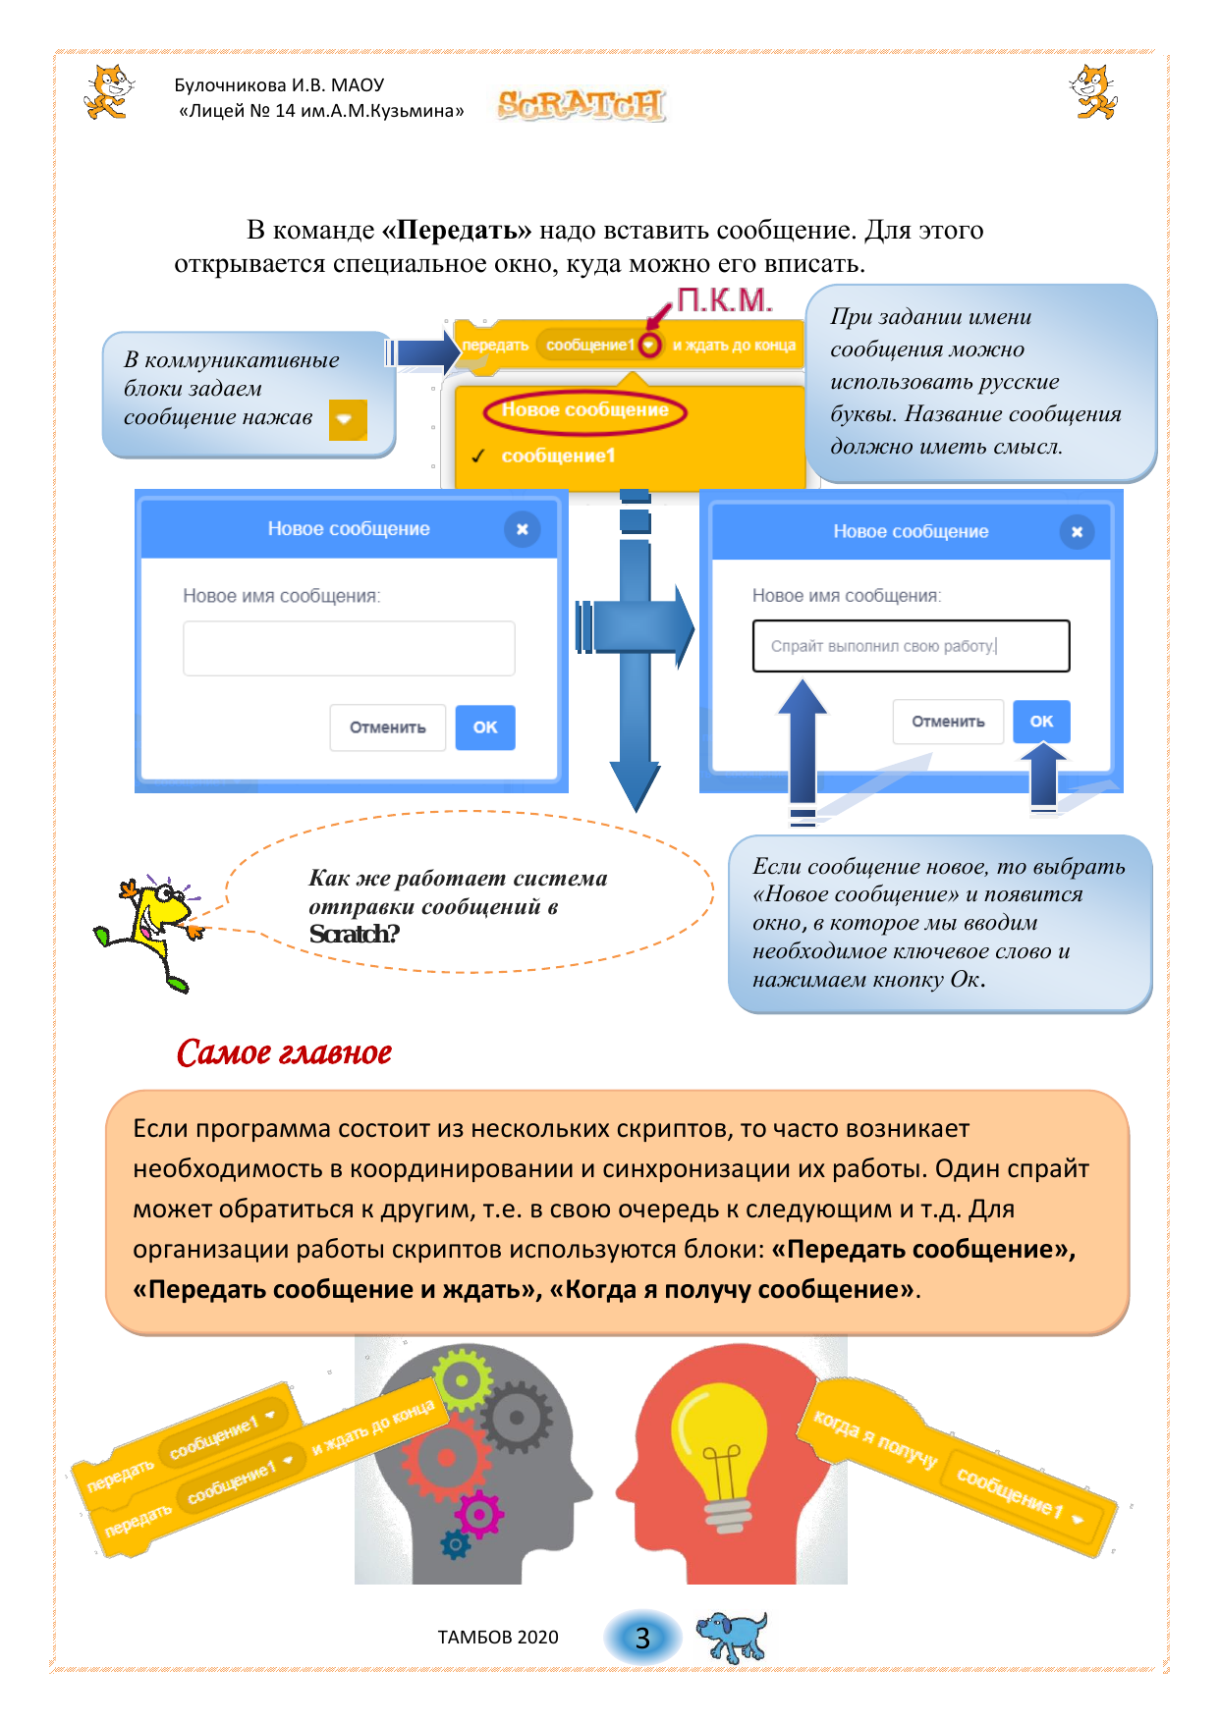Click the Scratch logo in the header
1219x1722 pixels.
coord(581,105)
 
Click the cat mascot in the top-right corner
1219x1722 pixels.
coord(1093,91)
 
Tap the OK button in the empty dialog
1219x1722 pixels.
coord(484,727)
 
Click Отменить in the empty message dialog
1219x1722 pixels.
coord(387,727)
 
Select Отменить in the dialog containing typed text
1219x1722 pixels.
coord(947,722)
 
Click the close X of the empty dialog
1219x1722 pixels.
coord(522,529)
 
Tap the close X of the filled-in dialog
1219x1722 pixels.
coord(1077,531)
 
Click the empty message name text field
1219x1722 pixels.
coord(349,648)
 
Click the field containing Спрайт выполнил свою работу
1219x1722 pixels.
coord(911,646)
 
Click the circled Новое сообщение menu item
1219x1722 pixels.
coord(584,410)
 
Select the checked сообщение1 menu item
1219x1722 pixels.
coord(558,456)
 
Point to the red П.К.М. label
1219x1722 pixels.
coord(725,300)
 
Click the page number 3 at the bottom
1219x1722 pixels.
coord(642,1638)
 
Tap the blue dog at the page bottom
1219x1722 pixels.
coord(731,1636)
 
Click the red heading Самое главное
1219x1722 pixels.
coord(284,1052)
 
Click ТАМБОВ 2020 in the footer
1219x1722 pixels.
coord(498,1638)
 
